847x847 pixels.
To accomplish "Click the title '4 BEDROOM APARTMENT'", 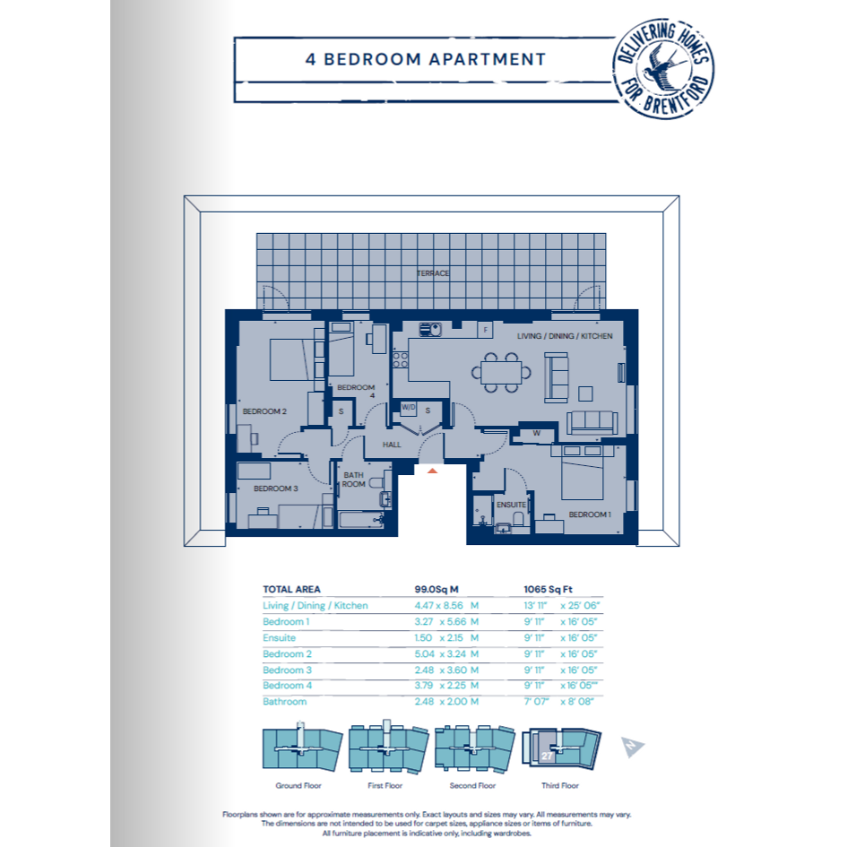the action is [x=426, y=59].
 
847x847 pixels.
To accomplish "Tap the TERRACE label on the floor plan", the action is [x=433, y=273].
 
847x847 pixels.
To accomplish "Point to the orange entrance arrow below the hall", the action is [x=432, y=471].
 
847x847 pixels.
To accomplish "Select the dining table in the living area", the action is [x=501, y=372].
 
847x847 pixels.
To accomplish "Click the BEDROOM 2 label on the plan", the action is [x=264, y=411].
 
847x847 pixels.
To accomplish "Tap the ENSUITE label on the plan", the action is [x=511, y=505].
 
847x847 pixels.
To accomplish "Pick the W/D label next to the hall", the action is [x=409, y=407].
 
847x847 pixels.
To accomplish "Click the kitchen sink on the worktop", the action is [x=430, y=329].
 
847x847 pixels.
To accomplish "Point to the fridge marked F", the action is [x=485, y=330].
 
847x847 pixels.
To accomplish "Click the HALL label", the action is [x=392, y=445].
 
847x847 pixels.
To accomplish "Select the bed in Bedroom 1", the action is [x=583, y=472].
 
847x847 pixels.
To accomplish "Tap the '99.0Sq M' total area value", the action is [x=436, y=590].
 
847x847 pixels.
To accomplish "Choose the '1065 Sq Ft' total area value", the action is [x=548, y=590].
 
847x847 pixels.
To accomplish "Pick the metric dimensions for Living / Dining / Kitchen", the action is [x=446, y=606].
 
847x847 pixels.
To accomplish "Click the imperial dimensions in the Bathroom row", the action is [x=558, y=702].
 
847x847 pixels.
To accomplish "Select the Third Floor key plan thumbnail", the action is [x=561, y=748].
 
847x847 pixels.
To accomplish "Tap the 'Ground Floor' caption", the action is [x=298, y=785].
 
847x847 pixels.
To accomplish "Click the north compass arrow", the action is [x=632, y=748].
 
